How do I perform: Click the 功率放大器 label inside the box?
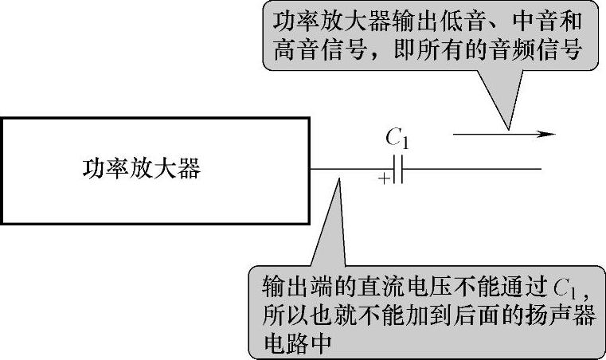(x=142, y=170)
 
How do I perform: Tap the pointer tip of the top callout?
(x=506, y=127)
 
